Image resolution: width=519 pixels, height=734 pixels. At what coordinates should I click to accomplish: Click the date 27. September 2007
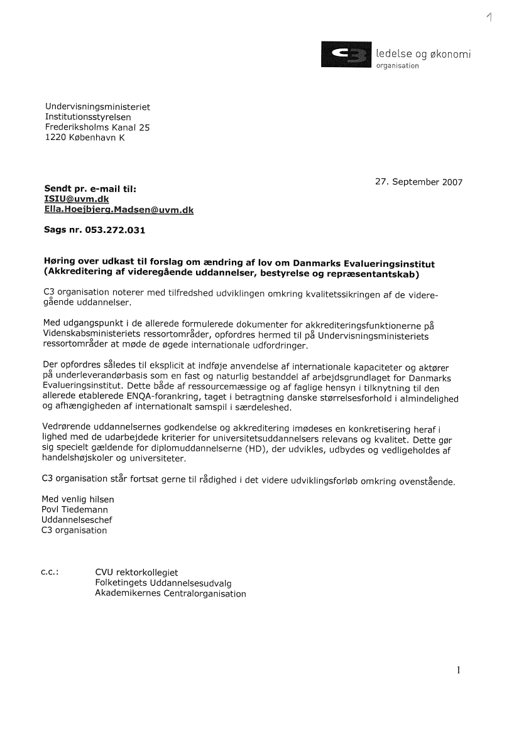[x=418, y=182]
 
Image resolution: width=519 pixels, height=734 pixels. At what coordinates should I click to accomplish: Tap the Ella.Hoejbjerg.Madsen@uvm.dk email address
[x=119, y=210]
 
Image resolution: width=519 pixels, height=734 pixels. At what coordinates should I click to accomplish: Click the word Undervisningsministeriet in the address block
[x=97, y=107]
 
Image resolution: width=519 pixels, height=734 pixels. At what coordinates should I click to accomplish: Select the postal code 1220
[x=55, y=138]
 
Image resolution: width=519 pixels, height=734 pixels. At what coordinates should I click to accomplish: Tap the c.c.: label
[x=50, y=572]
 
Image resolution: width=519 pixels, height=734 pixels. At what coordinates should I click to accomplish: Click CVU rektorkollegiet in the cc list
[x=136, y=573]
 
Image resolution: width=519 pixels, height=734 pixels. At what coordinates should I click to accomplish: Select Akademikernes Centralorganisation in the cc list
[x=170, y=593]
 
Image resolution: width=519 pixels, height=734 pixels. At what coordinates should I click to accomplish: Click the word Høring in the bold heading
[x=60, y=262]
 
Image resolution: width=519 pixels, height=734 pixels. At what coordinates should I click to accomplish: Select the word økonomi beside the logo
[x=448, y=54]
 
